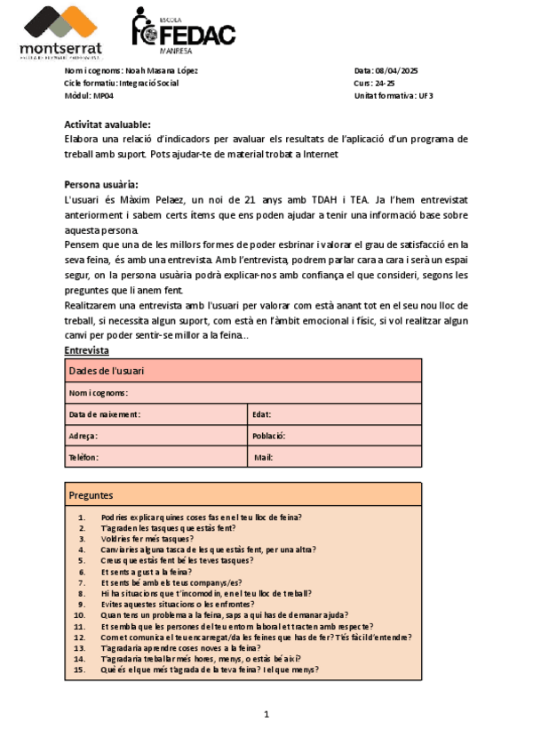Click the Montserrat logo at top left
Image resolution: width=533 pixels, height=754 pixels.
(60, 32)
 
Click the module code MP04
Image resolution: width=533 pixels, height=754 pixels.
(103, 96)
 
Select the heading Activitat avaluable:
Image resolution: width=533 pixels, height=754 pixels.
(107, 124)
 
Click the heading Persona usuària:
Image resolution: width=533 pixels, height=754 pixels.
(101, 184)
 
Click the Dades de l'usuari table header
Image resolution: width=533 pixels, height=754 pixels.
(107, 371)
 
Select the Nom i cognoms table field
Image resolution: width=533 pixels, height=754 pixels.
(99, 392)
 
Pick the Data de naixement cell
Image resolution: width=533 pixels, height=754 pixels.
(105, 414)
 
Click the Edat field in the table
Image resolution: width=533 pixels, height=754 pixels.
(262, 414)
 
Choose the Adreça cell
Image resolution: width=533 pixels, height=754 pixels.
(84, 436)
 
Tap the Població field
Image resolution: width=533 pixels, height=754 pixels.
(268, 436)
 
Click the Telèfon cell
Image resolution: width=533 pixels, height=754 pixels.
(84, 457)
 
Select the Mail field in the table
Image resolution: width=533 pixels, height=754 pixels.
(264, 457)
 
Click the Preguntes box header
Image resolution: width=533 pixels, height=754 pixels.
(91, 494)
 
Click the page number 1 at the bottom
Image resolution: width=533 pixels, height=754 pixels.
(266, 714)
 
